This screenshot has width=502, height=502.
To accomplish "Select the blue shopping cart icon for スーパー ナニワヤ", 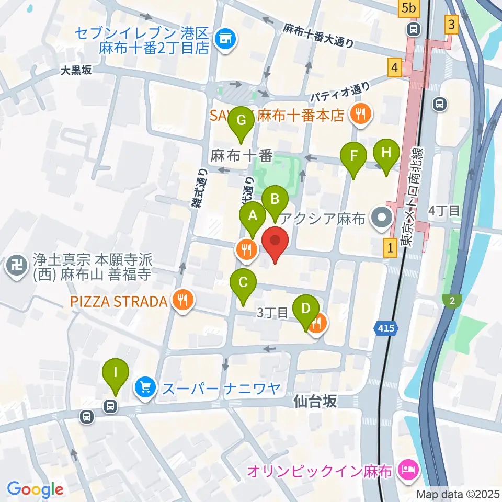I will tap(145, 388).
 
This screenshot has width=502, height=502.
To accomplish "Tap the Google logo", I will tap(35, 489).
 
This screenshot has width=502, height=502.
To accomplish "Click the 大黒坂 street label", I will tap(76, 71).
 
